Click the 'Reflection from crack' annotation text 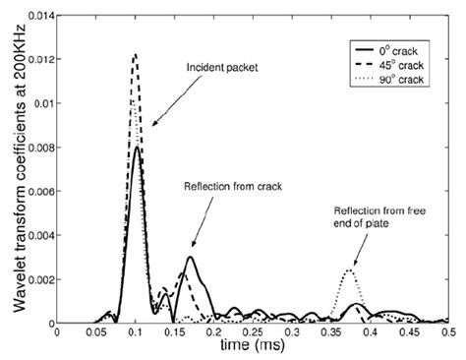point(225,185)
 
